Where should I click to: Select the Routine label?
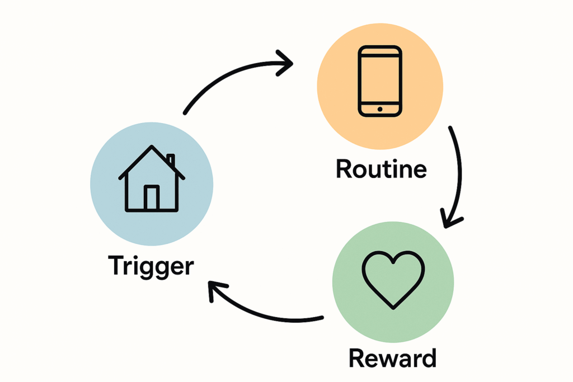point(381,169)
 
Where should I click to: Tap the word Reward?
point(392,358)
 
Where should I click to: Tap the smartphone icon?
point(380,81)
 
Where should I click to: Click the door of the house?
point(152,197)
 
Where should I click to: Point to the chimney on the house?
point(171,161)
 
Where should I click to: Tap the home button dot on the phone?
point(380,109)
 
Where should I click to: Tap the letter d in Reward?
point(428,357)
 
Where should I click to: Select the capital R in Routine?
point(344,168)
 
